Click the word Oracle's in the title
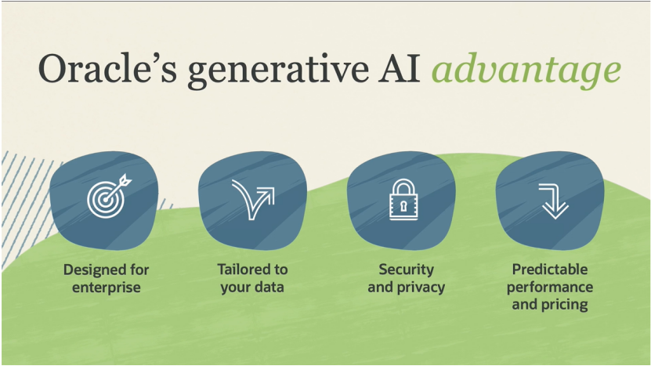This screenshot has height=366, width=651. coord(107,68)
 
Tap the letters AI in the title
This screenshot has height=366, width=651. coord(399,68)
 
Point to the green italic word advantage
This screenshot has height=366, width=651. coord(526,70)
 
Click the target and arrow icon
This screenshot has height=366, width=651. coord(109,197)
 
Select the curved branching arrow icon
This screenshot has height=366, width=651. coord(253,200)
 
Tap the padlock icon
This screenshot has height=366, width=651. coord(403,199)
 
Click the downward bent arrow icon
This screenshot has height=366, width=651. coord(553,201)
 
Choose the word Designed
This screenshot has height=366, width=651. coord(91,270)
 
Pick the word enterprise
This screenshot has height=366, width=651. coord(107,288)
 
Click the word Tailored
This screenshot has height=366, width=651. coord(240,269)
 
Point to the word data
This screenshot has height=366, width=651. coord(269,287)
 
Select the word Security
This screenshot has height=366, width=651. coord(406,270)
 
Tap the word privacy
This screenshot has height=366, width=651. coord(421,288)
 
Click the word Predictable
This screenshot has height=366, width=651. coord(550,269)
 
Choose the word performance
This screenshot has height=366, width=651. coord(550,288)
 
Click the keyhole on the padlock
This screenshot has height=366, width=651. coord(403,206)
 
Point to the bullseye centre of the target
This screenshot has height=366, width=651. coord(106,200)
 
